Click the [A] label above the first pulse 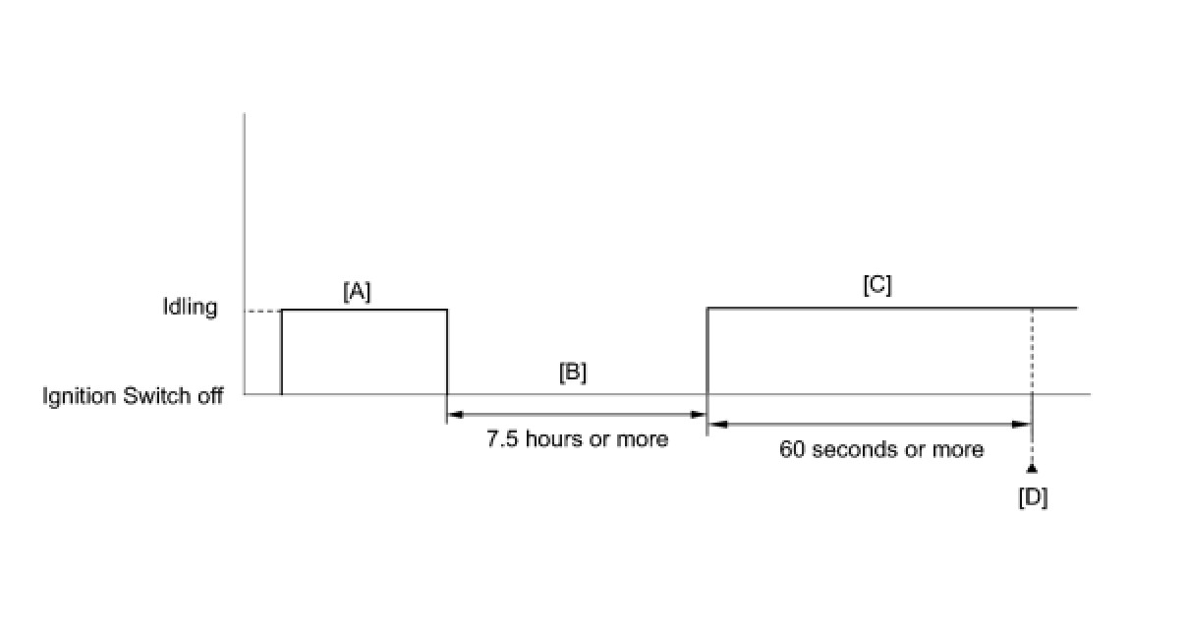(x=357, y=292)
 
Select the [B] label (x=573, y=374)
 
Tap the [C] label (x=876, y=285)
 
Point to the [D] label (x=1033, y=498)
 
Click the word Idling (x=190, y=307)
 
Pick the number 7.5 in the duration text (x=502, y=438)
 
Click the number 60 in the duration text (x=792, y=449)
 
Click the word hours (x=553, y=438)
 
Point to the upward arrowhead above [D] (x=1032, y=468)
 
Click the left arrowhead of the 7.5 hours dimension (x=454, y=415)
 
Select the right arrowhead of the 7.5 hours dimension (x=700, y=415)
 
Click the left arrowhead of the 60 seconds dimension (x=717, y=424)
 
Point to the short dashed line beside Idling (x=262, y=312)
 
